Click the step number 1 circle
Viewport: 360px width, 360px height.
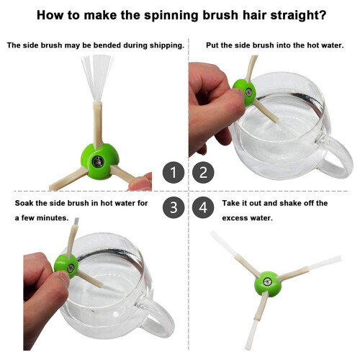[174, 172]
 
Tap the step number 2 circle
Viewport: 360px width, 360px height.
[203, 172]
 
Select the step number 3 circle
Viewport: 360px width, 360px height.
[174, 207]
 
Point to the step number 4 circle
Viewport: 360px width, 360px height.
[203, 207]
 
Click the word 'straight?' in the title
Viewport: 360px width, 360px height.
[298, 15]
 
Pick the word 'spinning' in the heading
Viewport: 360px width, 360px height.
[171, 16]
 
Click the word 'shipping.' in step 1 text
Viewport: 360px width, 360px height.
[167, 45]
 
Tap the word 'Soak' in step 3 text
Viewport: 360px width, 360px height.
[24, 203]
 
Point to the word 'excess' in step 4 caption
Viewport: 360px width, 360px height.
[235, 218]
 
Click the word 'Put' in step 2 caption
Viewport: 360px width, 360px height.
[212, 45]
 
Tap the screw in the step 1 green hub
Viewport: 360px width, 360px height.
[98, 161]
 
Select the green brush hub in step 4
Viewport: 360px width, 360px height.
[267, 284]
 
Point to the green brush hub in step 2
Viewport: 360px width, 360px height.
[245, 92]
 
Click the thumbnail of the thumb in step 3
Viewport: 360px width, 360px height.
[64, 278]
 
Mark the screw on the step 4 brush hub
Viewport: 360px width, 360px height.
[267, 282]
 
